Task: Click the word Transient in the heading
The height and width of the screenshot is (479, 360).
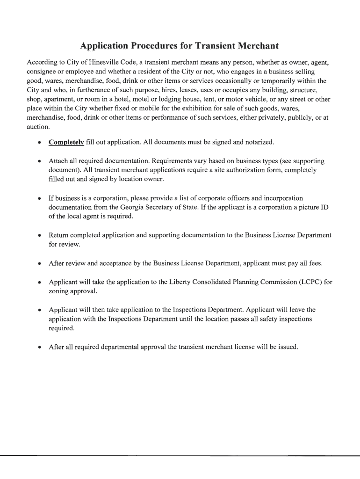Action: point(211,46)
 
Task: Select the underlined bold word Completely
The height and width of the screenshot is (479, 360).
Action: point(66,142)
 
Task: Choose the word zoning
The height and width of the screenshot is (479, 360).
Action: point(59,291)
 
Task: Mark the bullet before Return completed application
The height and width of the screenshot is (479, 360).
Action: point(39,236)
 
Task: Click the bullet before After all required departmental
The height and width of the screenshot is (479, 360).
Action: point(39,348)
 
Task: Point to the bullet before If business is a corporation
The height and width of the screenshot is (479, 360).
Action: point(39,199)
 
